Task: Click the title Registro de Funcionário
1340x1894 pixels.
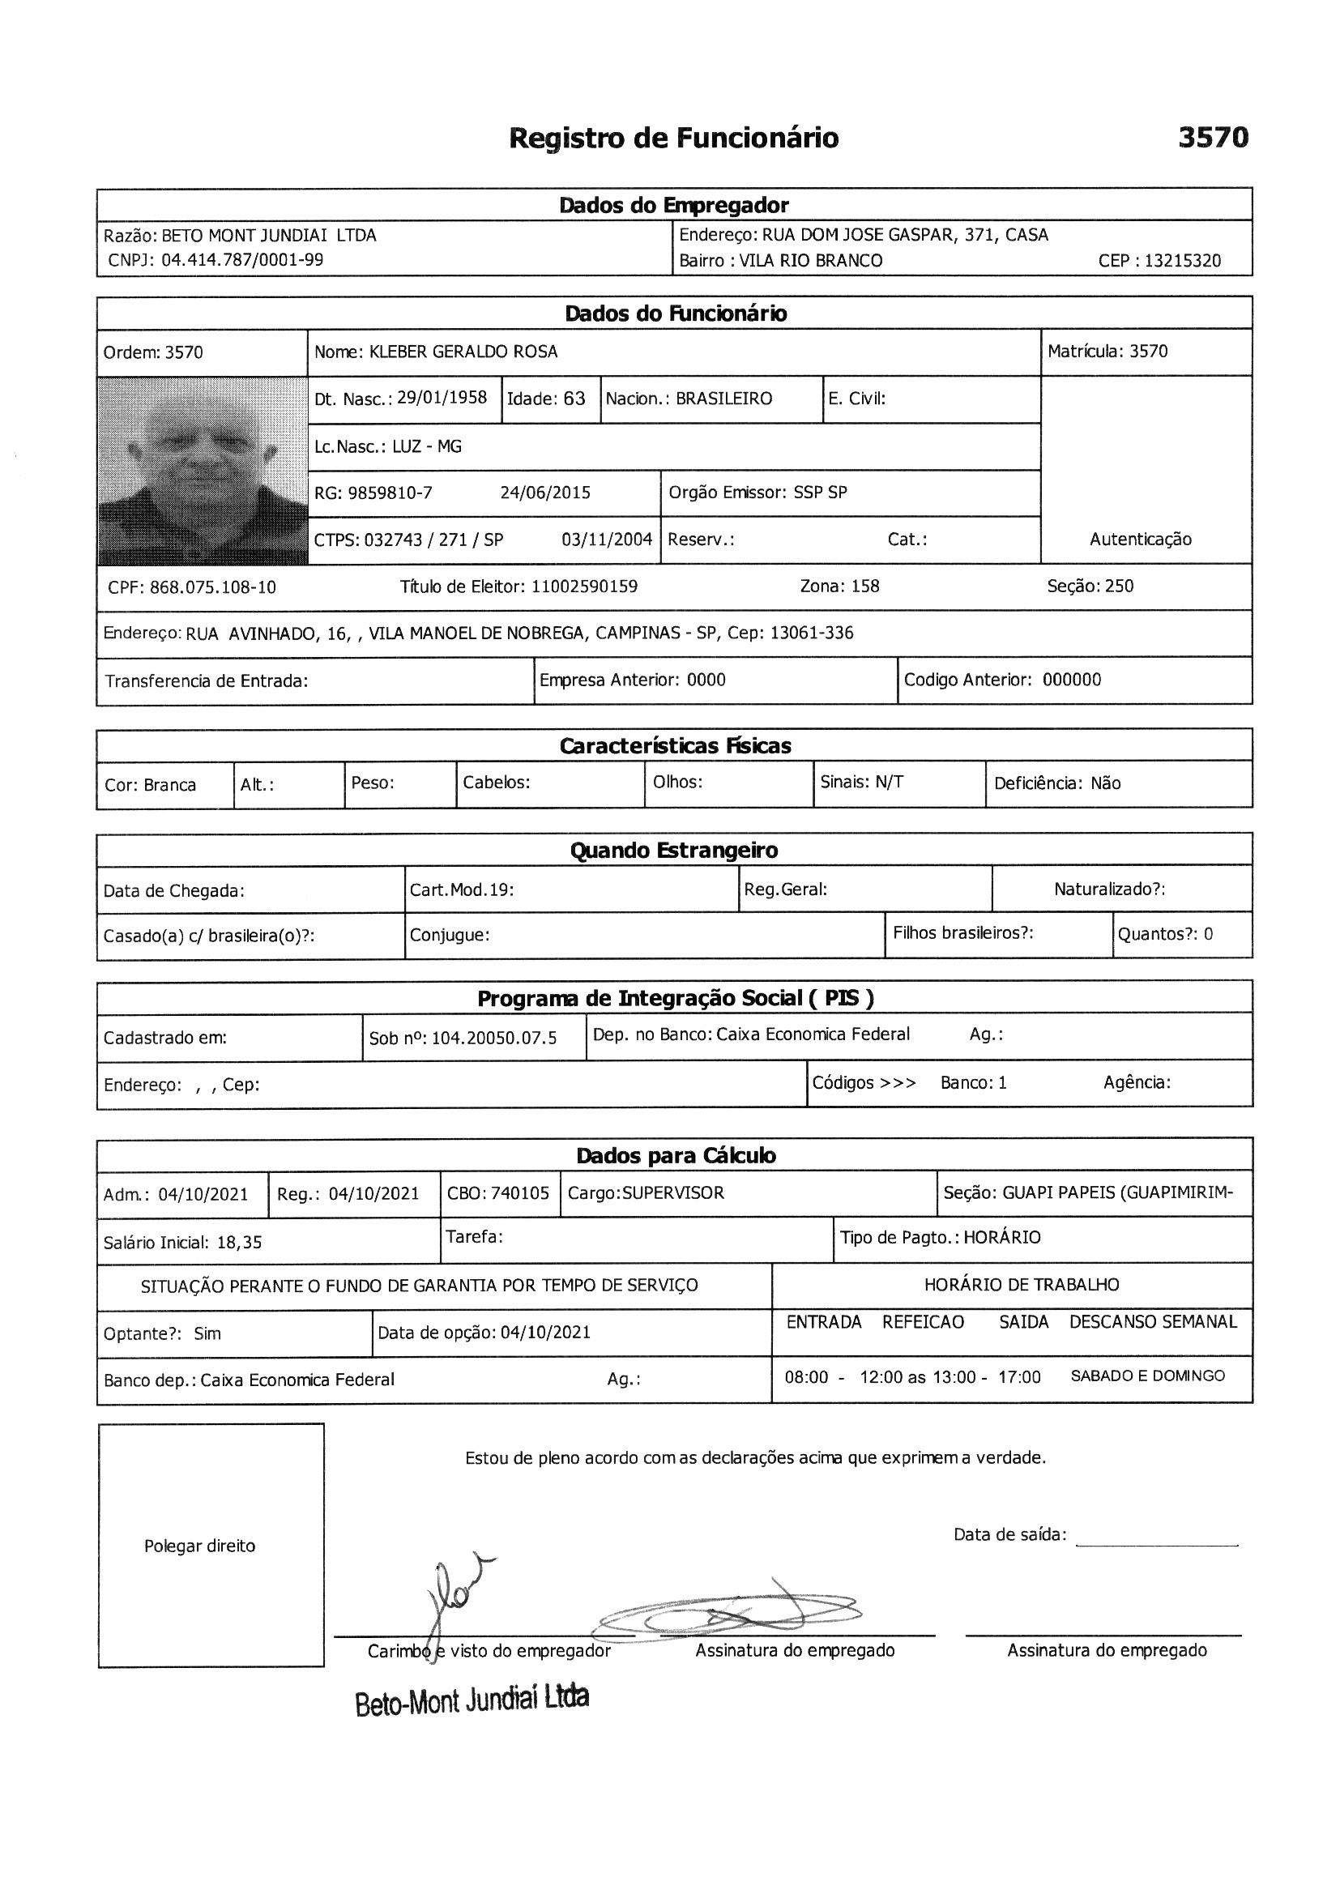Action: (673, 138)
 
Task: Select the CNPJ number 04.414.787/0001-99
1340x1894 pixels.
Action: (241, 261)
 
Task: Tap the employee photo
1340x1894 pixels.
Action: (203, 470)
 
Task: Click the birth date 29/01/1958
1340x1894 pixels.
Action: (442, 399)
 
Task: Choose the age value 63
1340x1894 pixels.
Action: (574, 399)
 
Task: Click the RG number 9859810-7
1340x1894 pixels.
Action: (390, 493)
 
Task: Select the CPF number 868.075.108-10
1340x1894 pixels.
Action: (213, 588)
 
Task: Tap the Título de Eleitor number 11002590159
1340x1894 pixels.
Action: (584, 587)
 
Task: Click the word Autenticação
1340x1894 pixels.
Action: (1141, 540)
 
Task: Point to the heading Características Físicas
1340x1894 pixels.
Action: (674, 747)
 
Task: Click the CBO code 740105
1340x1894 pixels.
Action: (520, 1193)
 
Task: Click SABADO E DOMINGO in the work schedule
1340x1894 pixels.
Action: (1147, 1376)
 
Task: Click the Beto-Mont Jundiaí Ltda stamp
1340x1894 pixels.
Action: (472, 1701)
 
